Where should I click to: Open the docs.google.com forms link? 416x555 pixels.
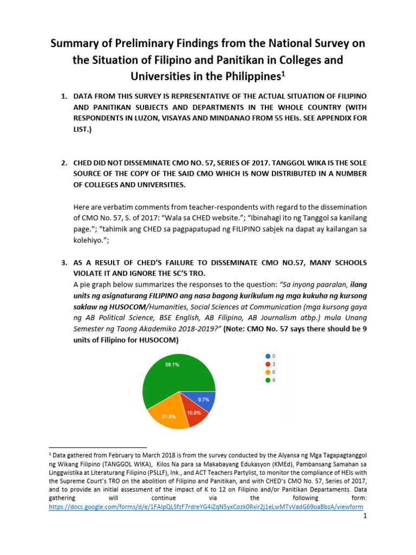pos(206,507)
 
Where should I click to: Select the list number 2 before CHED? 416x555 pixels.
pos(63,163)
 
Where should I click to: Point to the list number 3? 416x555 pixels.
pos(63,262)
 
